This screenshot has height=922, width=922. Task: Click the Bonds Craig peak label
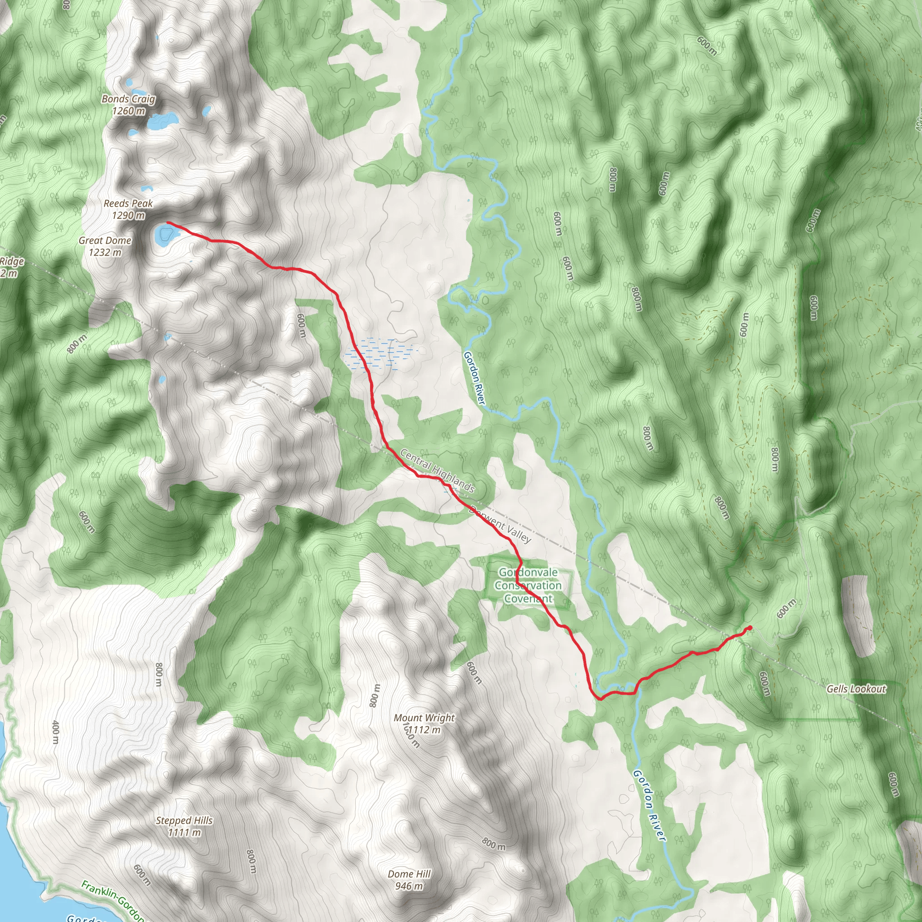128,99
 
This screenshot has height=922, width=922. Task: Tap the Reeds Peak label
128,204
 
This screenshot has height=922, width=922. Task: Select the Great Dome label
105,241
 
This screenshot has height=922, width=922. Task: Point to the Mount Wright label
424,718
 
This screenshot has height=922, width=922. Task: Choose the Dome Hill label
409,874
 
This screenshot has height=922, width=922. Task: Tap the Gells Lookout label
856,689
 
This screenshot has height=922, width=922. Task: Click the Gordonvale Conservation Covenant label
528,586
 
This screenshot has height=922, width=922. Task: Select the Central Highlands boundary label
437,470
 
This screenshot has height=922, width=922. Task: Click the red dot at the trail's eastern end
750,628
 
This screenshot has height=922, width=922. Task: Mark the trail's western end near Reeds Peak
168,223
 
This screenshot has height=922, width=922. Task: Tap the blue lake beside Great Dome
165,235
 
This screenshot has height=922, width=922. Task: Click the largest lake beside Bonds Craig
160,120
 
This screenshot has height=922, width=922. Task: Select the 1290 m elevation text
128,216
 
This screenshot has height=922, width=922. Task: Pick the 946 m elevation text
409,886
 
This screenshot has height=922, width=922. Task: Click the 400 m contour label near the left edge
55,732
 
